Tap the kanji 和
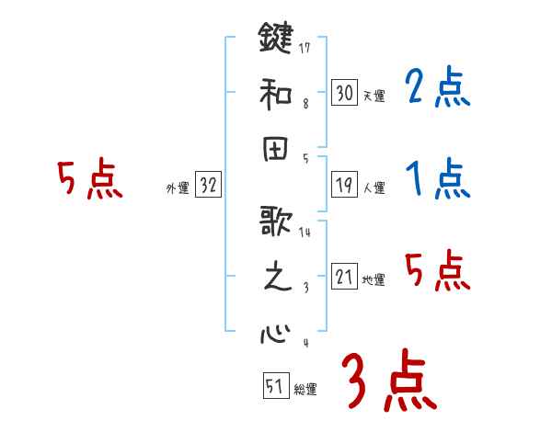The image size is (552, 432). pyautogui.click(x=276, y=93)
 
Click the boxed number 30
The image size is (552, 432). pyautogui.click(x=344, y=92)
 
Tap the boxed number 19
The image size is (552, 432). pyautogui.click(x=344, y=184)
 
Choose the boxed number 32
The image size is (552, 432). pyautogui.click(x=208, y=185)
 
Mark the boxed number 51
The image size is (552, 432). pyautogui.click(x=274, y=387)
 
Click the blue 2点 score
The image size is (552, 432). pyautogui.click(x=438, y=89)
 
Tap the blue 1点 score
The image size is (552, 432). pyautogui.click(x=438, y=177)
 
